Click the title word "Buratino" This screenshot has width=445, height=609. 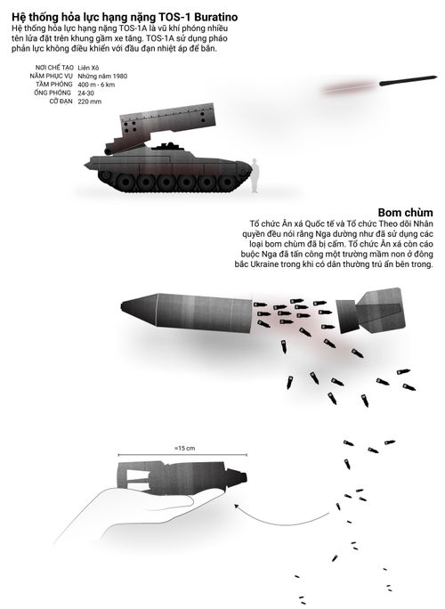point(216,17)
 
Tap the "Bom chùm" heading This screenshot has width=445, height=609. point(405,213)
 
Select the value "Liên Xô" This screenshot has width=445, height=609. point(88,68)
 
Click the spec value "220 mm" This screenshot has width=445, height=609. point(89,101)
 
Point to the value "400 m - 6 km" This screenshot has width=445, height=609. point(96,85)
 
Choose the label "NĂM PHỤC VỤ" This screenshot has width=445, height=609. point(52,77)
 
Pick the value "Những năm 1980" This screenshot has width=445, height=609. point(102,77)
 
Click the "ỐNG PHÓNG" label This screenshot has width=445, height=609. point(53,93)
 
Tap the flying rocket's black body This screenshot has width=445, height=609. point(409,80)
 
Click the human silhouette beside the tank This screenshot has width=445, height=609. point(255,175)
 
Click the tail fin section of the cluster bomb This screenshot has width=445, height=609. point(371,311)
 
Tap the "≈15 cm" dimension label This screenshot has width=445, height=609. point(185,448)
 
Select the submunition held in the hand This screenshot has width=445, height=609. point(182,477)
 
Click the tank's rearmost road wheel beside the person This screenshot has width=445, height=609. point(227,182)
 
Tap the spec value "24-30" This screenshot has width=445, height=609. point(85,93)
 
